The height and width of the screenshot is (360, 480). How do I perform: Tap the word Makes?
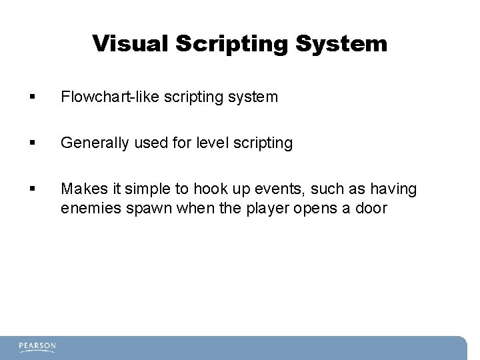tap(81, 189)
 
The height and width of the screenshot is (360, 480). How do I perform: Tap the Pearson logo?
tap(37, 347)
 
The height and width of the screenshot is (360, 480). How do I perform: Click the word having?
tap(396, 189)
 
